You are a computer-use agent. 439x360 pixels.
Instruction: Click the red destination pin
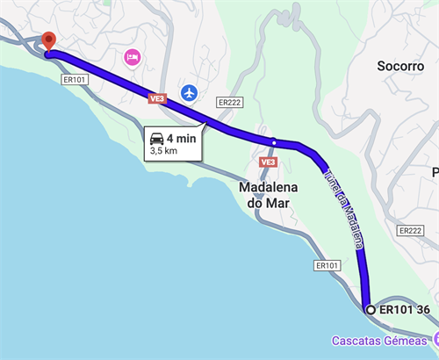(49, 41)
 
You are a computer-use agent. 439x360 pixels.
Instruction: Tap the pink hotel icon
(133, 57)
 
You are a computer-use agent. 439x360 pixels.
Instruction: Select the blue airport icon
(189, 91)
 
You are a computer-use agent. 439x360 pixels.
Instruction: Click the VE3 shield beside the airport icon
(157, 98)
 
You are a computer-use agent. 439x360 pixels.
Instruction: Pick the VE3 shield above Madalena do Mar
(268, 162)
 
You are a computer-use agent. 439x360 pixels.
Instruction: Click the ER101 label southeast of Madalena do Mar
(327, 265)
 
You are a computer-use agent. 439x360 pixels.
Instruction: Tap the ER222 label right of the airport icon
(229, 102)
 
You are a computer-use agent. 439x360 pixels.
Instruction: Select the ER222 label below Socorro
(410, 231)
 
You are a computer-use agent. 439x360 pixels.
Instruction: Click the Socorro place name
(400, 66)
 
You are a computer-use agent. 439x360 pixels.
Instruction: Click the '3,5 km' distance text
(164, 151)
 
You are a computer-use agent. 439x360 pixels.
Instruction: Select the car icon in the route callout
(157, 137)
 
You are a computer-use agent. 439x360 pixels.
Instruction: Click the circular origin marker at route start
(371, 310)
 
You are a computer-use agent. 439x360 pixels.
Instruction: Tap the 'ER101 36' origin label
(405, 310)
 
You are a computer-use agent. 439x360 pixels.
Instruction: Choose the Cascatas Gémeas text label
(379, 340)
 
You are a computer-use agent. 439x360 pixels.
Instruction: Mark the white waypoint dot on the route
(274, 142)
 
